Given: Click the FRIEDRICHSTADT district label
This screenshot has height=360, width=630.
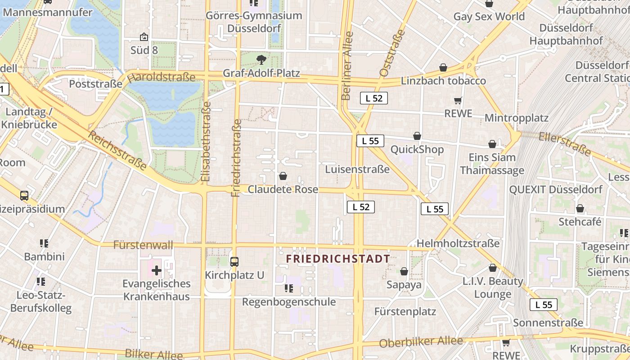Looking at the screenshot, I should [338, 259].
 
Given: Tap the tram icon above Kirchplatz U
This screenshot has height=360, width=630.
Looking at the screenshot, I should [234, 261].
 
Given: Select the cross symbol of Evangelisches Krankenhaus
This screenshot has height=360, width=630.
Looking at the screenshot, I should [156, 270].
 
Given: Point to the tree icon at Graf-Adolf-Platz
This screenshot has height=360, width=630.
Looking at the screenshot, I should [261, 59].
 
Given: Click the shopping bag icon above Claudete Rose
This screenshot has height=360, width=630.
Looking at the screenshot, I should [283, 176].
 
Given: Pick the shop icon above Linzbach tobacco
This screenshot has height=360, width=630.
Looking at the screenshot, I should [443, 67].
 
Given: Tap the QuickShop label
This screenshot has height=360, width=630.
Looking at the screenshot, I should [417, 149].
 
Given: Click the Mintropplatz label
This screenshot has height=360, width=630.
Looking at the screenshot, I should [517, 118].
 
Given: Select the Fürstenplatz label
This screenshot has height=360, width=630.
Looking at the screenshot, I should [405, 311].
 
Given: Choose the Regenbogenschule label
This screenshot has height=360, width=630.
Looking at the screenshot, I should [289, 301].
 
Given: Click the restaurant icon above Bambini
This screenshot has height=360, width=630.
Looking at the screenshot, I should [44, 243].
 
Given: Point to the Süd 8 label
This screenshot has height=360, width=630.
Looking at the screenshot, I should [144, 50].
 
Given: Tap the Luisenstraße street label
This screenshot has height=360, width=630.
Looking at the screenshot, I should [357, 169].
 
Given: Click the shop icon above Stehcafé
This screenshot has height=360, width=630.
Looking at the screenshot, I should [580, 208].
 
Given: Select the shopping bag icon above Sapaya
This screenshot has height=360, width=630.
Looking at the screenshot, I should [404, 271].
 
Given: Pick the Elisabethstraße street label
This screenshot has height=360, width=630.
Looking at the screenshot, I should [206, 142].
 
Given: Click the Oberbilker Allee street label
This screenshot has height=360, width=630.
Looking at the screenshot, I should [421, 342].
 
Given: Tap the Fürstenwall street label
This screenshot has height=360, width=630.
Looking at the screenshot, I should [143, 245].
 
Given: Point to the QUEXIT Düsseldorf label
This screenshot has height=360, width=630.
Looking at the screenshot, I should [555, 189].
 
